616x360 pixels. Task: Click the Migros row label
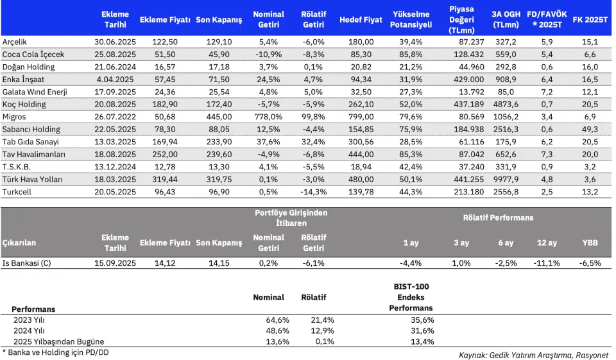(x=14, y=117)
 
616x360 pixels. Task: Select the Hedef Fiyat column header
(x=361, y=20)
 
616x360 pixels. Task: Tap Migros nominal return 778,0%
(x=268, y=117)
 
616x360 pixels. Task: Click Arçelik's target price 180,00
(x=361, y=42)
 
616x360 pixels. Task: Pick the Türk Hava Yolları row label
(x=33, y=179)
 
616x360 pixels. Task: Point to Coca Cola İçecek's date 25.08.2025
(x=115, y=55)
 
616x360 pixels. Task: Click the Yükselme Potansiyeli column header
(x=411, y=20)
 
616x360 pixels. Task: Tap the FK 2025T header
(x=590, y=20)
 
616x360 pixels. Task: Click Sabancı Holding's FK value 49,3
(x=590, y=129)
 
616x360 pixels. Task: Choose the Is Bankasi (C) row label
(x=27, y=263)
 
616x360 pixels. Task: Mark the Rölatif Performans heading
(x=498, y=218)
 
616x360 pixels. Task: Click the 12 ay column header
(x=547, y=243)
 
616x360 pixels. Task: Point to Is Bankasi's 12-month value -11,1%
(x=547, y=263)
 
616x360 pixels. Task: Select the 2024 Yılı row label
(x=29, y=331)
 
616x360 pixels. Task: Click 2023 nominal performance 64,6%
(x=277, y=320)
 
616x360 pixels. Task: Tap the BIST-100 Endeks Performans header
(x=411, y=298)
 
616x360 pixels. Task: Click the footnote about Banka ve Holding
(x=55, y=352)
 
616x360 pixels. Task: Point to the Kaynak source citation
(x=533, y=356)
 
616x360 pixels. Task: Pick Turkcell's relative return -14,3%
(x=314, y=192)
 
